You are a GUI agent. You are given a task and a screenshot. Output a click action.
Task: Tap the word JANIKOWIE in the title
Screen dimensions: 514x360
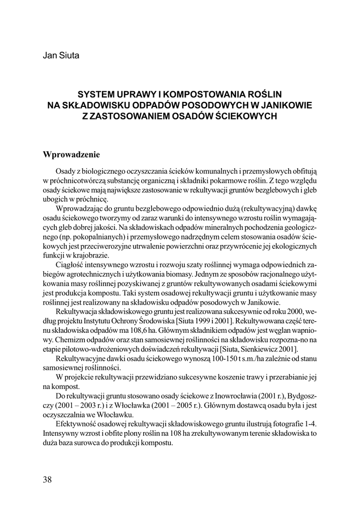(x=284, y=105)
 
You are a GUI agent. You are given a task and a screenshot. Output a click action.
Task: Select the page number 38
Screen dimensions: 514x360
(x=48, y=479)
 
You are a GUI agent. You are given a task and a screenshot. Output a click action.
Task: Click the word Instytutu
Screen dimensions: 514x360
(x=95, y=321)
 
